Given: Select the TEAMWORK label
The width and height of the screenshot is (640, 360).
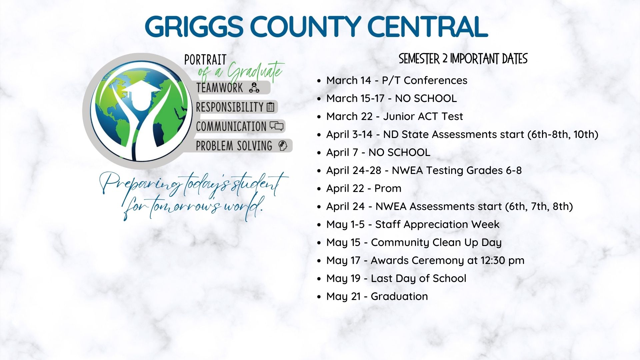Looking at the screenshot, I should coord(220,88).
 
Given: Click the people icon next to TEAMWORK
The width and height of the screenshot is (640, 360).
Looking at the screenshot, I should coord(254,88).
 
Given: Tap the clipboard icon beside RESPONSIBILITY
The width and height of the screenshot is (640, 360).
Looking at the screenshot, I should coord(270,107).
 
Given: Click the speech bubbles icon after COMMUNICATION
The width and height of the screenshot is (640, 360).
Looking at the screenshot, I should coord(276,126).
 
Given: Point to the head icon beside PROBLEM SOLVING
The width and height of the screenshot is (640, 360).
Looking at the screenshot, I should coord(283,146).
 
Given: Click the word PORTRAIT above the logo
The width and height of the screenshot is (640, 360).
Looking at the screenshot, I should coord(205,60).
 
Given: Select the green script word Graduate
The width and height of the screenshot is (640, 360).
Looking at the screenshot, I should coord(255,72).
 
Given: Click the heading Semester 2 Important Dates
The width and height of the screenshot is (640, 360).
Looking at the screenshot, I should coord(463,59).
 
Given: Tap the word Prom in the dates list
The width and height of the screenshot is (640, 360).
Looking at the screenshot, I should coord(388,188).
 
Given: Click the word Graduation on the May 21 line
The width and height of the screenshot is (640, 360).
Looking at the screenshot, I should coord(399,296).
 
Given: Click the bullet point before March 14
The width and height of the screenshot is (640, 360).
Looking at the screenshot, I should coord(319,81).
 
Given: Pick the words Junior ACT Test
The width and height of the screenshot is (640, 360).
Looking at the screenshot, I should coord(423,116).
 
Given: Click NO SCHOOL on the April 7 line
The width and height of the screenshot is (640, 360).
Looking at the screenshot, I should coord(399,152).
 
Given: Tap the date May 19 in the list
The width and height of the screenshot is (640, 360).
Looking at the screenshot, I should coord(343,278).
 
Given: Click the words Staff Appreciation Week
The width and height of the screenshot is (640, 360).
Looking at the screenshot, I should coord(437,224).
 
